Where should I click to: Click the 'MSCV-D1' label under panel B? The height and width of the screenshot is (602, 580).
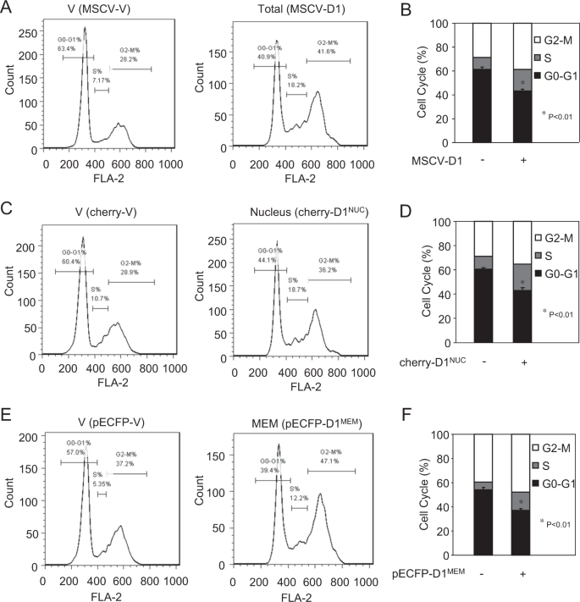(435, 161)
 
